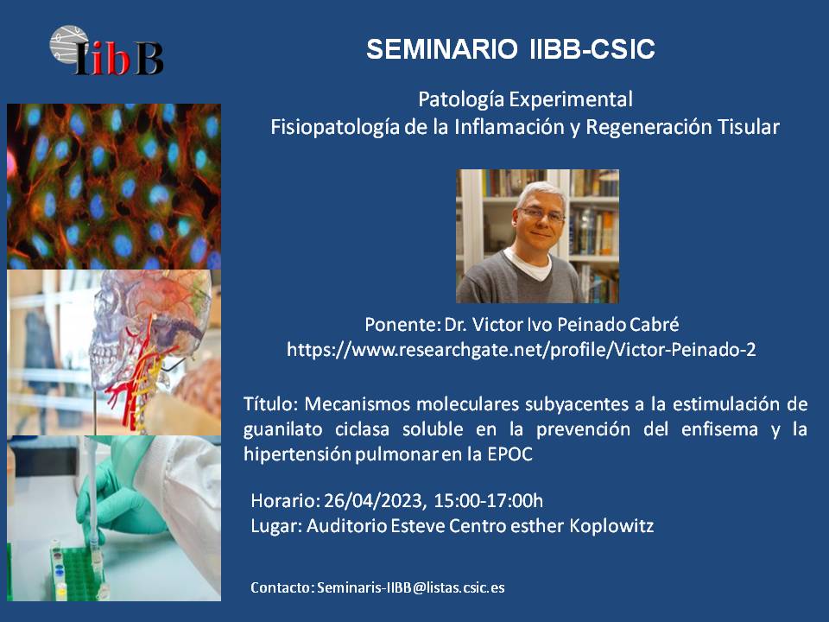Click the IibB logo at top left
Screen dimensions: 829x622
tap(105, 51)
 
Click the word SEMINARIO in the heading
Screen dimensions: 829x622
tap(442, 49)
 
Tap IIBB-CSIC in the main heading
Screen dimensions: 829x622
tap(592, 49)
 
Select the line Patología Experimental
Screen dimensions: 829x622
tap(526, 99)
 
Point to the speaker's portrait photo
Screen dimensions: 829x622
tap(538, 236)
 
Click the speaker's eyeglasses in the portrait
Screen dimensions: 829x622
tap(541, 215)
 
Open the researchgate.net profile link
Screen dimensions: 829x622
tap(522, 350)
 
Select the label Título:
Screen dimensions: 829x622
tap(271, 404)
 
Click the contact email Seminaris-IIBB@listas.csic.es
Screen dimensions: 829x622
tap(411, 587)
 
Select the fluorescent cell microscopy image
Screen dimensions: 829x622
tap(114, 187)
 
